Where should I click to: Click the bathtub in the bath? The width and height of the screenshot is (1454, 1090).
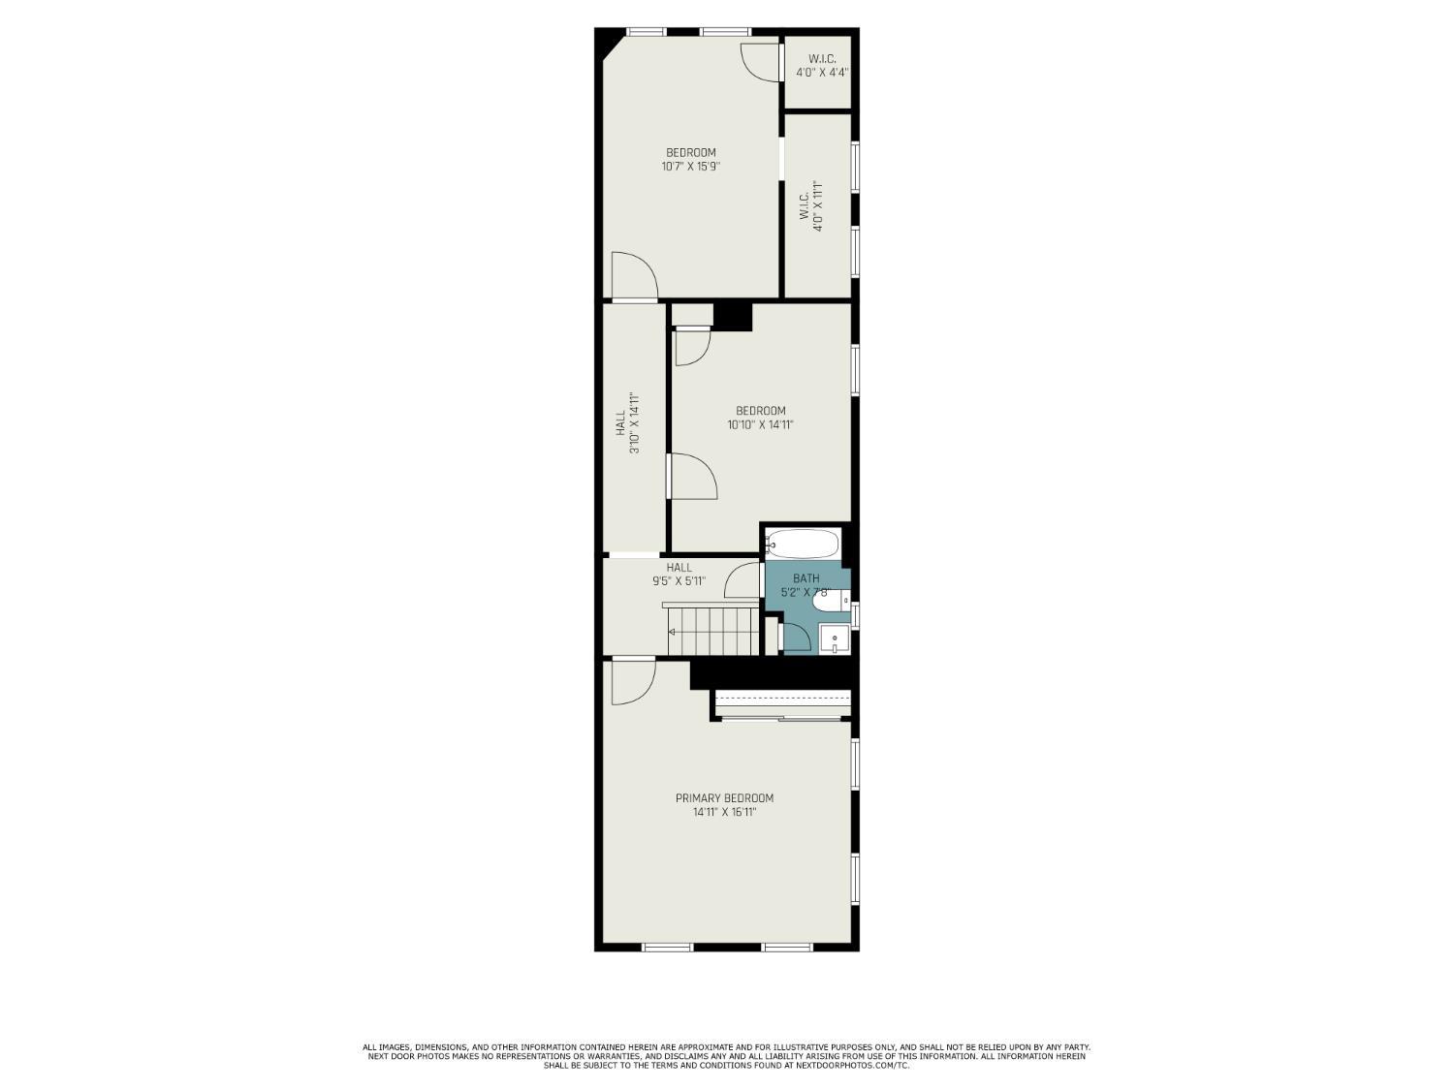pyautogui.click(x=803, y=544)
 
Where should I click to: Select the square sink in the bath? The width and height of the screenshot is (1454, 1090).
pyautogui.click(x=834, y=639)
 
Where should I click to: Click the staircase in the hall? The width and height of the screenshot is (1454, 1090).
pyautogui.click(x=712, y=630)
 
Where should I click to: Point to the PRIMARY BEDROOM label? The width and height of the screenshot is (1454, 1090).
pyautogui.click(x=724, y=798)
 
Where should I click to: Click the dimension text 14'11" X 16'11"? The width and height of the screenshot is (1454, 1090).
pyautogui.click(x=724, y=813)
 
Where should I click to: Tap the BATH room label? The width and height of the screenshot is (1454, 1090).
pyautogui.click(x=806, y=578)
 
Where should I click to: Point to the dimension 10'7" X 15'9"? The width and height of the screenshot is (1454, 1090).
pyautogui.click(x=690, y=167)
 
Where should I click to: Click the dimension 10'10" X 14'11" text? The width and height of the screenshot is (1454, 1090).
pyautogui.click(x=760, y=424)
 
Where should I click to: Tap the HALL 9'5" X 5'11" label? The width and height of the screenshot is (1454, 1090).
pyautogui.click(x=679, y=575)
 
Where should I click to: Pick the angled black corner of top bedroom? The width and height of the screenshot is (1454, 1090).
pyautogui.click(x=608, y=44)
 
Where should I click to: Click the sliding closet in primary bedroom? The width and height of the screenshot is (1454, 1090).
pyautogui.click(x=781, y=704)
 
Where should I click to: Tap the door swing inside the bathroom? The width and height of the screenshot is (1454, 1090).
pyautogui.click(x=796, y=637)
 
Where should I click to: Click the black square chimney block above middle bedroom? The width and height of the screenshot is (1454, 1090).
pyautogui.click(x=732, y=317)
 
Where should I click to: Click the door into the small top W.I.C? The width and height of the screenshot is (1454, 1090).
pyautogui.click(x=762, y=61)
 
